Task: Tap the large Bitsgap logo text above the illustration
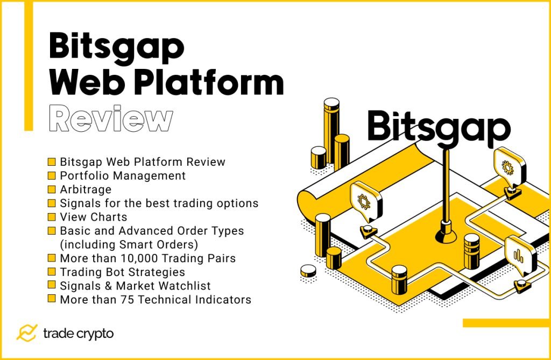coord(438,128)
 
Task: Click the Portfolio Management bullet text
coord(123,175)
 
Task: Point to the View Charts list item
coord(94,217)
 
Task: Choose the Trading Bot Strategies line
coord(122,272)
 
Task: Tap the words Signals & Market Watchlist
coord(135,286)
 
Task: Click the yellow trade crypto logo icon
coord(26,333)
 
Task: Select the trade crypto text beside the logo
coord(78,334)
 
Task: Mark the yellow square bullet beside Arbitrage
coord(52,189)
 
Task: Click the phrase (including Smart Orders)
coord(131,244)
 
